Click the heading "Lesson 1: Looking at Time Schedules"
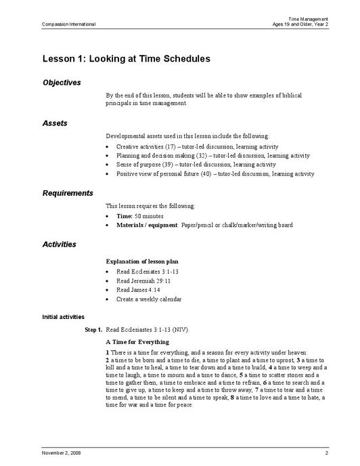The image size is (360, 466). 126,59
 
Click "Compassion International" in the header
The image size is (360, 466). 68,24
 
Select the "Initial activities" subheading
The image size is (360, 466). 63,316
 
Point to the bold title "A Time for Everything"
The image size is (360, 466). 138,342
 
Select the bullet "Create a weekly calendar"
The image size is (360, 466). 148,299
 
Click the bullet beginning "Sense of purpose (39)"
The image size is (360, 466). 196,165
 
